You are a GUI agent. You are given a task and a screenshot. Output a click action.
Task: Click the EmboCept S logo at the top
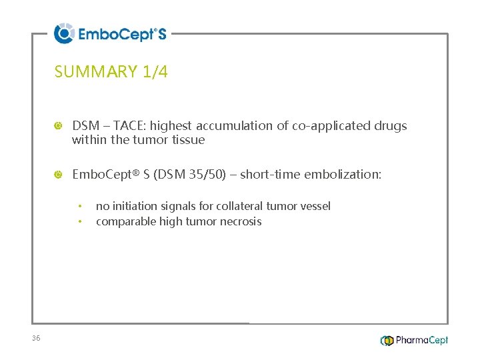point(110,33)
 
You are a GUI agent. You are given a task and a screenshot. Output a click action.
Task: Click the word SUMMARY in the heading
point(96,72)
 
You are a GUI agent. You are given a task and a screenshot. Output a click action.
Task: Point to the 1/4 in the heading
point(155,72)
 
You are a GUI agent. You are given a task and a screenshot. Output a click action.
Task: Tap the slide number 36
point(36,339)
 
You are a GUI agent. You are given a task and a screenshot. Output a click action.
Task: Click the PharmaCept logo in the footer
point(414,340)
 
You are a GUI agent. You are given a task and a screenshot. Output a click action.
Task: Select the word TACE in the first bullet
point(132,125)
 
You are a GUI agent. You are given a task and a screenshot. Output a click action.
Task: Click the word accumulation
point(243,125)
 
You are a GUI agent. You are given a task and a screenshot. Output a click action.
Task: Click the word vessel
point(315,207)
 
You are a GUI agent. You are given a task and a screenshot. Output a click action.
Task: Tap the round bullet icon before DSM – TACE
point(59,126)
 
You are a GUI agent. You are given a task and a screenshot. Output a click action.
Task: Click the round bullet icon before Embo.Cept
point(59,175)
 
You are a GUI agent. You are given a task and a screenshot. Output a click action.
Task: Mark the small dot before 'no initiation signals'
point(79,206)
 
